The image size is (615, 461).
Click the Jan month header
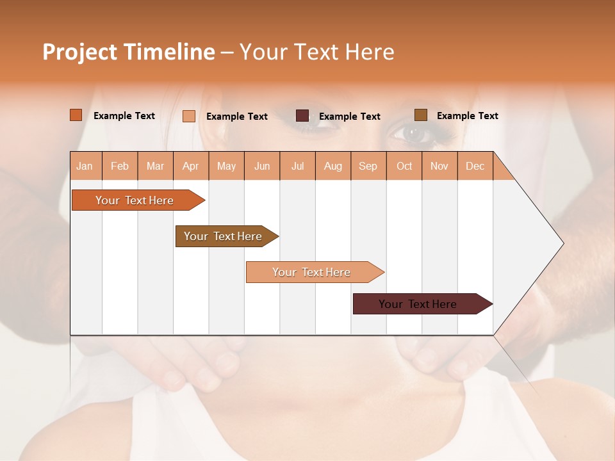click(85, 166)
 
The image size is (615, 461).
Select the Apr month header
click(190, 166)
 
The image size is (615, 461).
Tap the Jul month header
click(297, 166)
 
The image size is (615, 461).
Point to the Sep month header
click(368, 166)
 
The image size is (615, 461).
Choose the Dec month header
click(475, 166)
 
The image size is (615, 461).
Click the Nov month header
click(439, 166)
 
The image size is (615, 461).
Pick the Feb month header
click(120, 166)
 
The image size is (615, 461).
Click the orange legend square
click(76, 115)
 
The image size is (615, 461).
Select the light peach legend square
click(189, 116)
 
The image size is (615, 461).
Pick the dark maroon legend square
click(302, 116)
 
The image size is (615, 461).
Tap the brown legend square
click(421, 115)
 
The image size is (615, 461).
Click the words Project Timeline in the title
click(128, 52)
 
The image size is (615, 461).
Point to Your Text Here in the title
click(316, 52)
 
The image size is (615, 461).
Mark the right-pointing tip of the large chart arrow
click(562, 243)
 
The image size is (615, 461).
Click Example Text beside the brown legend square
click(467, 115)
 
